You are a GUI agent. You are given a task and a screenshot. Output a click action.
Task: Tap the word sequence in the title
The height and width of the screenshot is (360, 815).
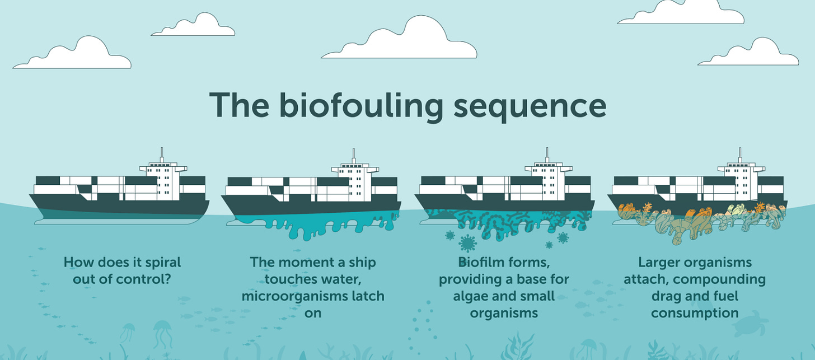click(530, 106)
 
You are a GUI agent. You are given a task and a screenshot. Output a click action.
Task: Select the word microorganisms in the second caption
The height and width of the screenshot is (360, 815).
click(297, 296)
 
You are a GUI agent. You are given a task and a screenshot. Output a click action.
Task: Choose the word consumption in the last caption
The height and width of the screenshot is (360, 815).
click(695, 312)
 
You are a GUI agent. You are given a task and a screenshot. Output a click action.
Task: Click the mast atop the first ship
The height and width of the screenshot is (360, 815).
click(162, 155)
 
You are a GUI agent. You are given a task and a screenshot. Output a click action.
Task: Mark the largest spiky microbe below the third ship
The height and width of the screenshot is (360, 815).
click(466, 243)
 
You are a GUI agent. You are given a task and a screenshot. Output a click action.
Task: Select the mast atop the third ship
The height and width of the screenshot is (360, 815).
click(546, 155)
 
